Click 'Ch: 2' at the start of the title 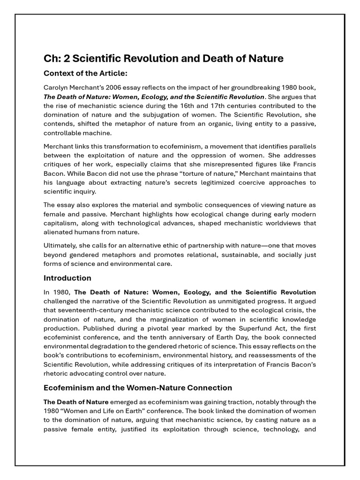coord(56,59)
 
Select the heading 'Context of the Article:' coord(85,74)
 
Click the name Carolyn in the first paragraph coord(56,88)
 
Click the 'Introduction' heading coord(67,278)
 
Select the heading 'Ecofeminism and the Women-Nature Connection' coord(138,388)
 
